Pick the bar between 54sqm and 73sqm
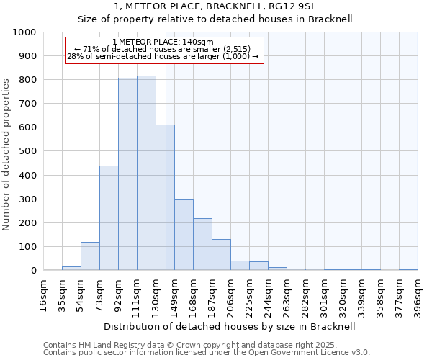[90, 256]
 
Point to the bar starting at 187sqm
[221, 255]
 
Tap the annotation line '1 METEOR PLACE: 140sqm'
[163, 42]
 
